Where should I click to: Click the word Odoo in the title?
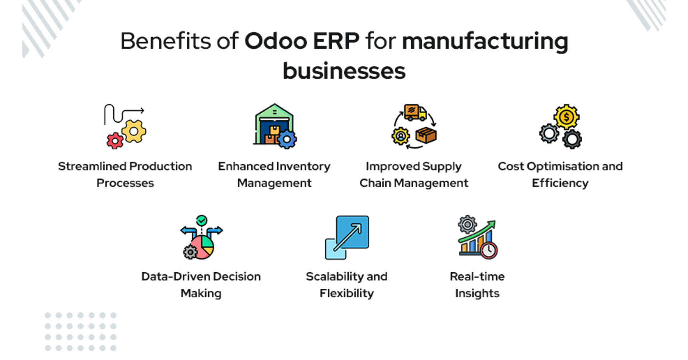tap(276, 41)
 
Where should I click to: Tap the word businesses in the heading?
tap(344, 71)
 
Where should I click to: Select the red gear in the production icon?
tap(115, 141)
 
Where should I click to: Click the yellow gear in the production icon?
tap(134, 131)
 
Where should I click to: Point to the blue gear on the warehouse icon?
tap(287, 139)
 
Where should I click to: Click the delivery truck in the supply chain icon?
tap(415, 112)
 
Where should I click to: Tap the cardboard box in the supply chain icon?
tap(426, 135)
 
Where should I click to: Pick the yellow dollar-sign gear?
tap(566, 117)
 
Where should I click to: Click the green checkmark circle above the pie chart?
tap(202, 220)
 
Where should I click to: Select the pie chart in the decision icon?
tap(202, 247)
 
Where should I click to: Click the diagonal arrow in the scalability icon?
tap(347, 237)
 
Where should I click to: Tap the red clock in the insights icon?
tap(489, 250)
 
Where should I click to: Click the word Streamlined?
tap(92, 166)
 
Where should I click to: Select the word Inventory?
tap(303, 167)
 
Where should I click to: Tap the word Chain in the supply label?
tap(375, 183)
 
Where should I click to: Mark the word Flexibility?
tap(347, 293)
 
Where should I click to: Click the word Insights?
tap(477, 293)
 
